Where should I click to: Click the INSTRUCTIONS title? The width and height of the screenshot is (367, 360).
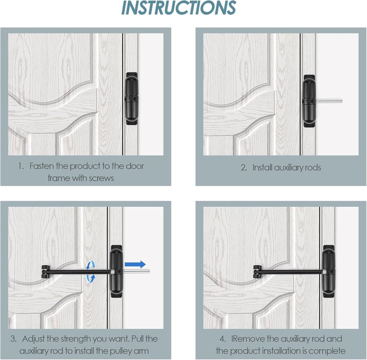coord(178,8)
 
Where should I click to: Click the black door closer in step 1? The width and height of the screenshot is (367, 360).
coord(132,99)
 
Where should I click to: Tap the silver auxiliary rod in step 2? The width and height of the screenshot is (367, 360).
coord(329,101)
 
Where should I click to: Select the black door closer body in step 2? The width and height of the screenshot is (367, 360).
coord(309,101)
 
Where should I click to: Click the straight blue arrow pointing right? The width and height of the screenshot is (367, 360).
coord(135,264)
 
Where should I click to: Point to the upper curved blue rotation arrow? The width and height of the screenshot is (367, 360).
coord(90,265)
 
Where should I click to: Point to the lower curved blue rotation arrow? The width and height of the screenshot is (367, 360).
coord(91,278)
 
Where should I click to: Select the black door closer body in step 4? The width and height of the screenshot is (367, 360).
coord(329,271)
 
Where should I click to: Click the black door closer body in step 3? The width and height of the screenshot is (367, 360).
coord(117,271)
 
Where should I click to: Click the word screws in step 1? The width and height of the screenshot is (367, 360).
coord(101,178)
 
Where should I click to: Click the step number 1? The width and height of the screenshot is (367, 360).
coord(21,166)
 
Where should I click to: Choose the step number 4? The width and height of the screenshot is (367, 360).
coord(223,339)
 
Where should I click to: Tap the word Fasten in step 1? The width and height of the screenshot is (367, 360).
coord(42,166)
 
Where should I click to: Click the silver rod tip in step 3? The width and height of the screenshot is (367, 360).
coord(149,271)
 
